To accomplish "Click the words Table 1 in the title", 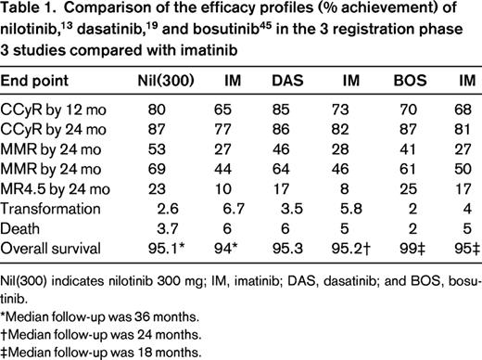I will coord(29,12).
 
